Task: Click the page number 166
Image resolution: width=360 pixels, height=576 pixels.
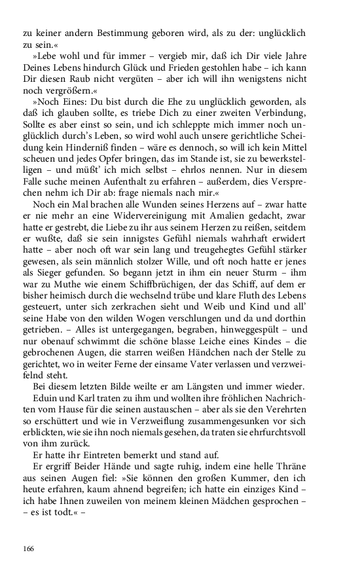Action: click(x=29, y=547)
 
